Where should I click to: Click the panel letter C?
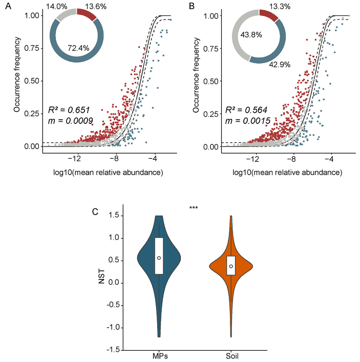95,211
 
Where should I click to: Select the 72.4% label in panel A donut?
78,48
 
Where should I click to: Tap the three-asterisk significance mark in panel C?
194,208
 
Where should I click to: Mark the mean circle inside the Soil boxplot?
231,266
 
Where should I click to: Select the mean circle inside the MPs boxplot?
159,258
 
